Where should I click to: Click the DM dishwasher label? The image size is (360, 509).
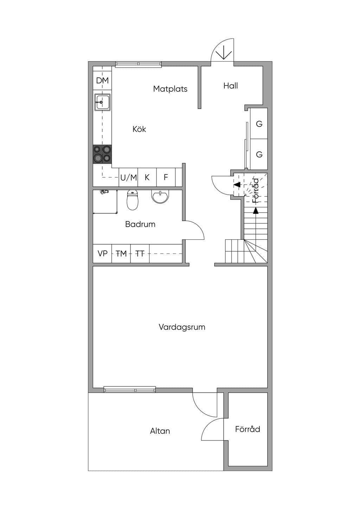(102, 80)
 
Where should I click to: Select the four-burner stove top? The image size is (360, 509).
(102, 154)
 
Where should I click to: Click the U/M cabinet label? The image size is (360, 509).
(129, 178)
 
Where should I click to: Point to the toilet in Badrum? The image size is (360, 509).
(132, 200)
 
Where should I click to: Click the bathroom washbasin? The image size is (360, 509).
(160, 196)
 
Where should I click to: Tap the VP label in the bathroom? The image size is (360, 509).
(102, 253)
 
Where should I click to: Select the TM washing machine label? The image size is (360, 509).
(121, 253)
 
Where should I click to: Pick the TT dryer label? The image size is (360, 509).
(140, 253)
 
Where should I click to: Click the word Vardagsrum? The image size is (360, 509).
(182, 327)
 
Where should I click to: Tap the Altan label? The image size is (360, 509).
(160, 431)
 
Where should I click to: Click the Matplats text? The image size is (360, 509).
(170, 89)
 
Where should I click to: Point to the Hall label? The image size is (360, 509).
(231, 86)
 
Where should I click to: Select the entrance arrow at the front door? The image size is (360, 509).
(224, 53)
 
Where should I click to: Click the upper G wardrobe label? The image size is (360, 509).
(259, 124)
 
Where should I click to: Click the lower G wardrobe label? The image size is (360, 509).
(259, 155)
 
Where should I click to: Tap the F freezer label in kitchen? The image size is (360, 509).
(166, 177)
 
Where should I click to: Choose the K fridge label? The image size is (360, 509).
(147, 177)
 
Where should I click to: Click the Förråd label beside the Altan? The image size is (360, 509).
(247, 429)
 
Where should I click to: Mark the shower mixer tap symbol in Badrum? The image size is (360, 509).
(104, 192)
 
